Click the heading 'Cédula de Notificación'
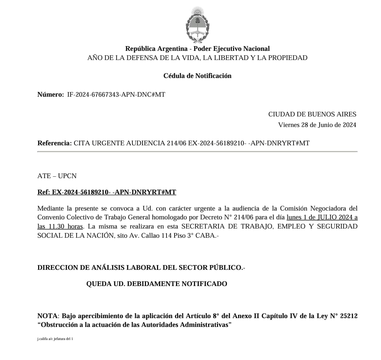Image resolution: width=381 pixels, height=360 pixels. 197,76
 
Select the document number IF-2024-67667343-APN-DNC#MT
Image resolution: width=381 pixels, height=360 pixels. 116,94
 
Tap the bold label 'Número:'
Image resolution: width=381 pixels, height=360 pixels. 50,94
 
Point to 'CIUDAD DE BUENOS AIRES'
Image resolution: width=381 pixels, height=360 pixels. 312,114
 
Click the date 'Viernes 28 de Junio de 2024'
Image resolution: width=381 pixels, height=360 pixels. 317,124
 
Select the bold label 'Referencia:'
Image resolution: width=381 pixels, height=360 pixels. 54,143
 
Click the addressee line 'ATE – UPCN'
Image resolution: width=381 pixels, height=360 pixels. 57,176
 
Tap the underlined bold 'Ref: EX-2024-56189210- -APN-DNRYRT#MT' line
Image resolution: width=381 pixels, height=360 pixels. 107,192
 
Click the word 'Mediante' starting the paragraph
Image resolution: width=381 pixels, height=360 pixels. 49,208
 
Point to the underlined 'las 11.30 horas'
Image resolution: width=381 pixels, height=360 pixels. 60,226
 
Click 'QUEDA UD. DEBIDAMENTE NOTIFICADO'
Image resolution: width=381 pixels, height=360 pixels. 157,283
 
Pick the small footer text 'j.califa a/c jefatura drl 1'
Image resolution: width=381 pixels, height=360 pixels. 55,338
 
